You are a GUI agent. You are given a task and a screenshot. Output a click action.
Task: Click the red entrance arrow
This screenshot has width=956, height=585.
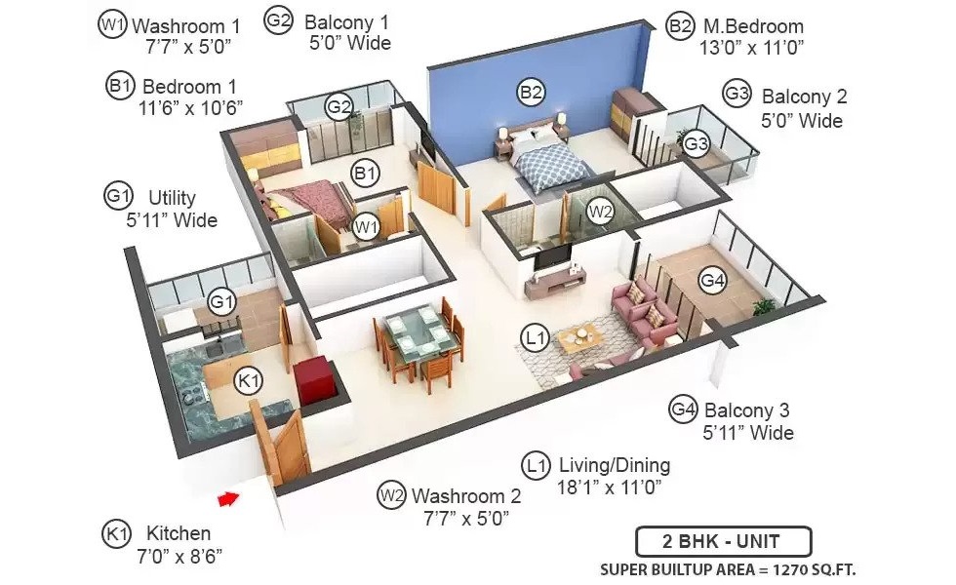click(228, 499)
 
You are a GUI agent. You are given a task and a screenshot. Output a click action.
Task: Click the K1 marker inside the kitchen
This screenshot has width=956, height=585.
click(249, 381)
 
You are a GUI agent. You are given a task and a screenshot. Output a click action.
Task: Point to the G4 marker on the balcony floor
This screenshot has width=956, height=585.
click(712, 281)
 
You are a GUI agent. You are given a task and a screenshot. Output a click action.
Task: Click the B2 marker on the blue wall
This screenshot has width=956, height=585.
click(531, 92)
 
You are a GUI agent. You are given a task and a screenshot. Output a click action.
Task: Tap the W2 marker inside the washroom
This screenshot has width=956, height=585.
click(601, 212)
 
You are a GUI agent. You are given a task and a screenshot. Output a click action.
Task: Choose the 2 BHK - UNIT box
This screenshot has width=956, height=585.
click(723, 542)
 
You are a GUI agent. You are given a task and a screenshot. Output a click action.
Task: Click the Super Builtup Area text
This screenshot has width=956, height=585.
click(728, 570)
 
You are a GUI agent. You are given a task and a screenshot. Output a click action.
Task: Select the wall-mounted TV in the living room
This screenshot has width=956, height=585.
click(552, 256)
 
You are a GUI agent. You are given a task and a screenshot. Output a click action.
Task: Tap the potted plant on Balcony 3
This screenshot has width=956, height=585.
click(763, 306)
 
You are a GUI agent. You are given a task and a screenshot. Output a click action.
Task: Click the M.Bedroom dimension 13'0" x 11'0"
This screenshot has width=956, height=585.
click(752, 48)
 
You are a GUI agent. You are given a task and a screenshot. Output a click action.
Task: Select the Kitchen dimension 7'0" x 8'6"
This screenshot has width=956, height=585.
click(179, 556)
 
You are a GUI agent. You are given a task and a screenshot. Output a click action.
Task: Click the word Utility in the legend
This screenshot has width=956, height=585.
click(172, 197)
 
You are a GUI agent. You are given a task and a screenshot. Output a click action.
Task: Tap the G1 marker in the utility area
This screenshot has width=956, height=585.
click(221, 301)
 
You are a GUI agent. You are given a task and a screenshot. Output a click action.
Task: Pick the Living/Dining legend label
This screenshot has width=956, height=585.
click(615, 465)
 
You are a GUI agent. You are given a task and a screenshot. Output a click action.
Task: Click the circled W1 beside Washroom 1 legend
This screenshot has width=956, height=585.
click(112, 25)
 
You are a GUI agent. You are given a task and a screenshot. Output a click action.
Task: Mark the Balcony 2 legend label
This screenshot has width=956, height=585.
click(804, 97)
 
